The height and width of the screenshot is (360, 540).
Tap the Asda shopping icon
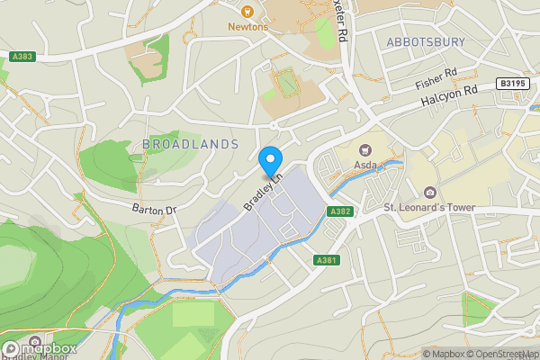point(364,150)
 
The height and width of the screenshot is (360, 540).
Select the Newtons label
point(247,26)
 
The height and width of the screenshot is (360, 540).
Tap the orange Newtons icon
point(247,11)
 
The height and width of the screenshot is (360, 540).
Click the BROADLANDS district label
point(190,144)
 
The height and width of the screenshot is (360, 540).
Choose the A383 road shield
point(22,57)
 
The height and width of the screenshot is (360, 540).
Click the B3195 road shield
point(511,84)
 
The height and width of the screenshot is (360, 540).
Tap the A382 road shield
point(339,211)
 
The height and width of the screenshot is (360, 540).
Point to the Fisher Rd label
point(436,80)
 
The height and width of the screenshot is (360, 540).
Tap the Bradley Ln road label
point(263,192)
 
